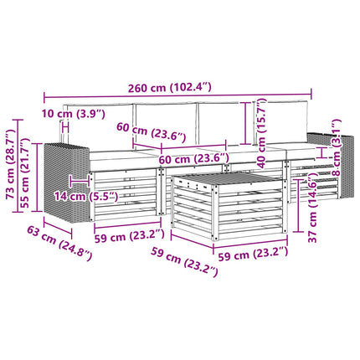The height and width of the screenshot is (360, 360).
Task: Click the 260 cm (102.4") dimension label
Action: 170,88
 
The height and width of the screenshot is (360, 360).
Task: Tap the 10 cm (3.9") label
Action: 74,114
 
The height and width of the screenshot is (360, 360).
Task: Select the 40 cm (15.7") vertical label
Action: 261,133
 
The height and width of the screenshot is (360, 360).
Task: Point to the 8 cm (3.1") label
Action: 336,147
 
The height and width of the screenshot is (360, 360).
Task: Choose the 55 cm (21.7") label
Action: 25,173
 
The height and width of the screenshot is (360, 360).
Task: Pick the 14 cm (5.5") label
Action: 86,196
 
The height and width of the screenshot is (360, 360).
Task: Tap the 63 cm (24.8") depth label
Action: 59,244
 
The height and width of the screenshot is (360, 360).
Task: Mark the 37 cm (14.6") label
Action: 312,208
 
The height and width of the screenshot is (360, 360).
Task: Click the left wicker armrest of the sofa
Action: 66,182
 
